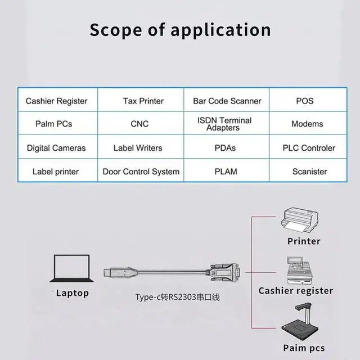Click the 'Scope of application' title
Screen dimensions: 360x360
click(x=180, y=30)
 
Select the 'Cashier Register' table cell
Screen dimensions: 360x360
click(x=57, y=100)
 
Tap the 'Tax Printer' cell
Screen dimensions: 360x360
click(x=141, y=100)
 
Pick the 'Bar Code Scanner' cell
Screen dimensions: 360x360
click(x=227, y=100)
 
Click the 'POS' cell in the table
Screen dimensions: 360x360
click(x=308, y=100)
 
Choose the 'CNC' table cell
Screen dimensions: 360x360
click(x=141, y=123)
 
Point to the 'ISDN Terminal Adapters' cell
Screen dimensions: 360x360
click(x=227, y=123)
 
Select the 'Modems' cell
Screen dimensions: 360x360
click(x=308, y=123)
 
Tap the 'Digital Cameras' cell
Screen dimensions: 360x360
click(x=57, y=147)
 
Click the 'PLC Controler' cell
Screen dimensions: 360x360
click(x=308, y=147)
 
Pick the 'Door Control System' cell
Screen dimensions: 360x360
click(x=141, y=170)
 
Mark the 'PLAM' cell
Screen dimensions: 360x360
click(x=227, y=170)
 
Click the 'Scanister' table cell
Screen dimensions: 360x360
click(x=308, y=170)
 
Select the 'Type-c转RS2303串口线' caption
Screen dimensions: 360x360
click(x=178, y=297)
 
